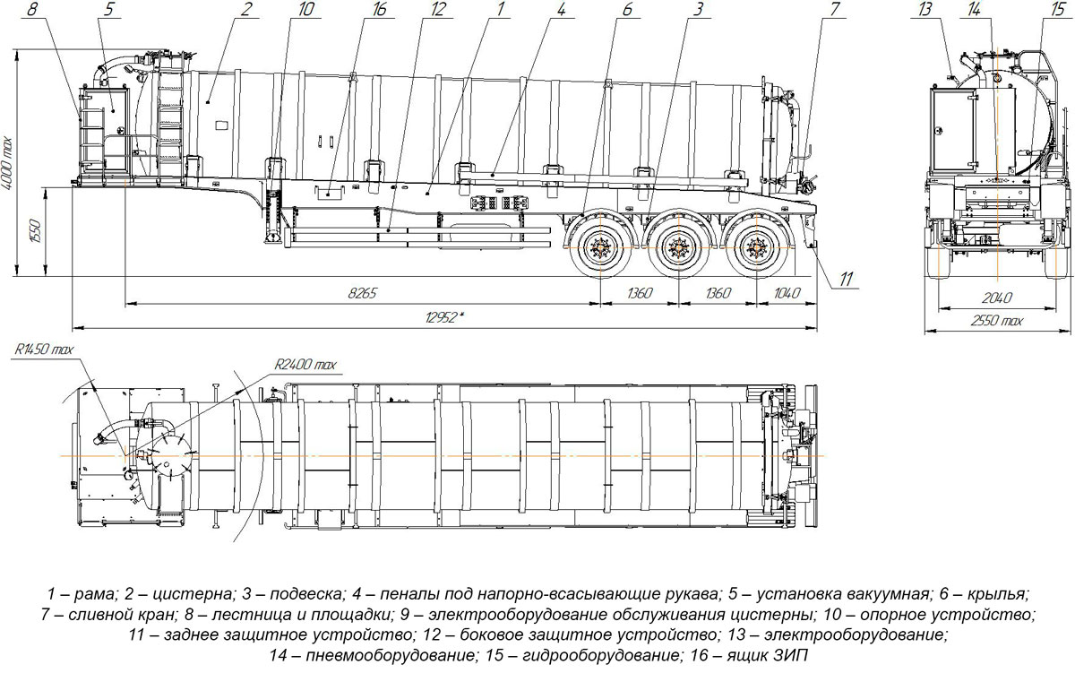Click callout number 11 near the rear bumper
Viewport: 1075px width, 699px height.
pyautogui.click(x=846, y=280)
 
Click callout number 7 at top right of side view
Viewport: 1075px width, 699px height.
pyautogui.click(x=835, y=11)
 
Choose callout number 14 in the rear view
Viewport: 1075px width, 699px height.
pyautogui.click(x=994, y=11)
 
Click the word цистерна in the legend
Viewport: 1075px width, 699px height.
pyautogui.click(x=186, y=593)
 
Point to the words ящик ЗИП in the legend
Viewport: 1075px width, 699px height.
pyautogui.click(x=771, y=657)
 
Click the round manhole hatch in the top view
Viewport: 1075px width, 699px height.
pyautogui.click(x=168, y=455)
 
